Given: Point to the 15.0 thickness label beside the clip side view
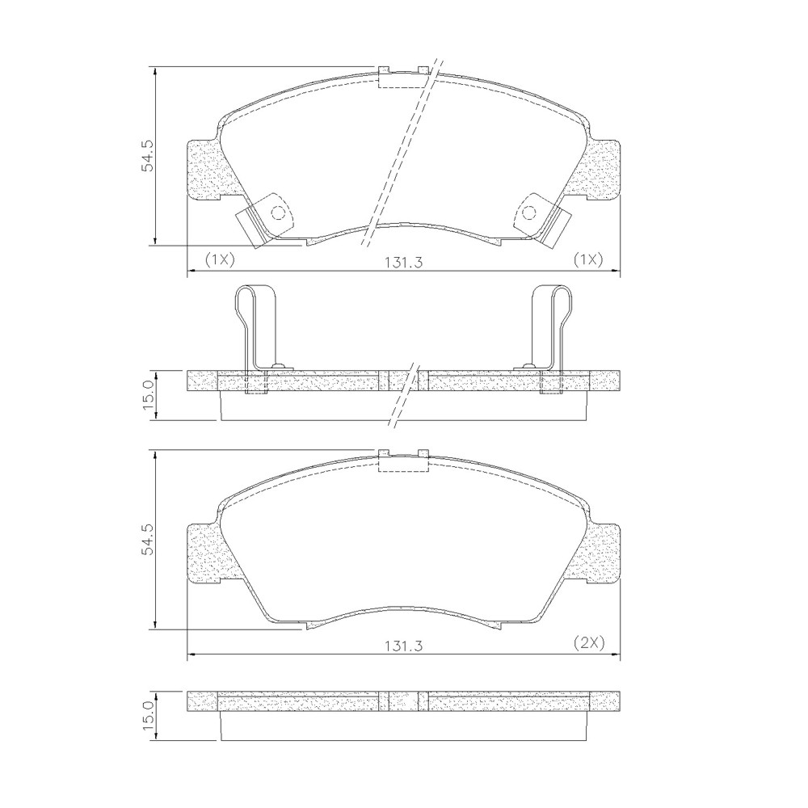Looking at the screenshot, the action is [x=149, y=395].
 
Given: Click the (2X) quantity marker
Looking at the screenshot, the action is [x=588, y=642].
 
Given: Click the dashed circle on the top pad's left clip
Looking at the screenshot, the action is [x=278, y=213].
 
